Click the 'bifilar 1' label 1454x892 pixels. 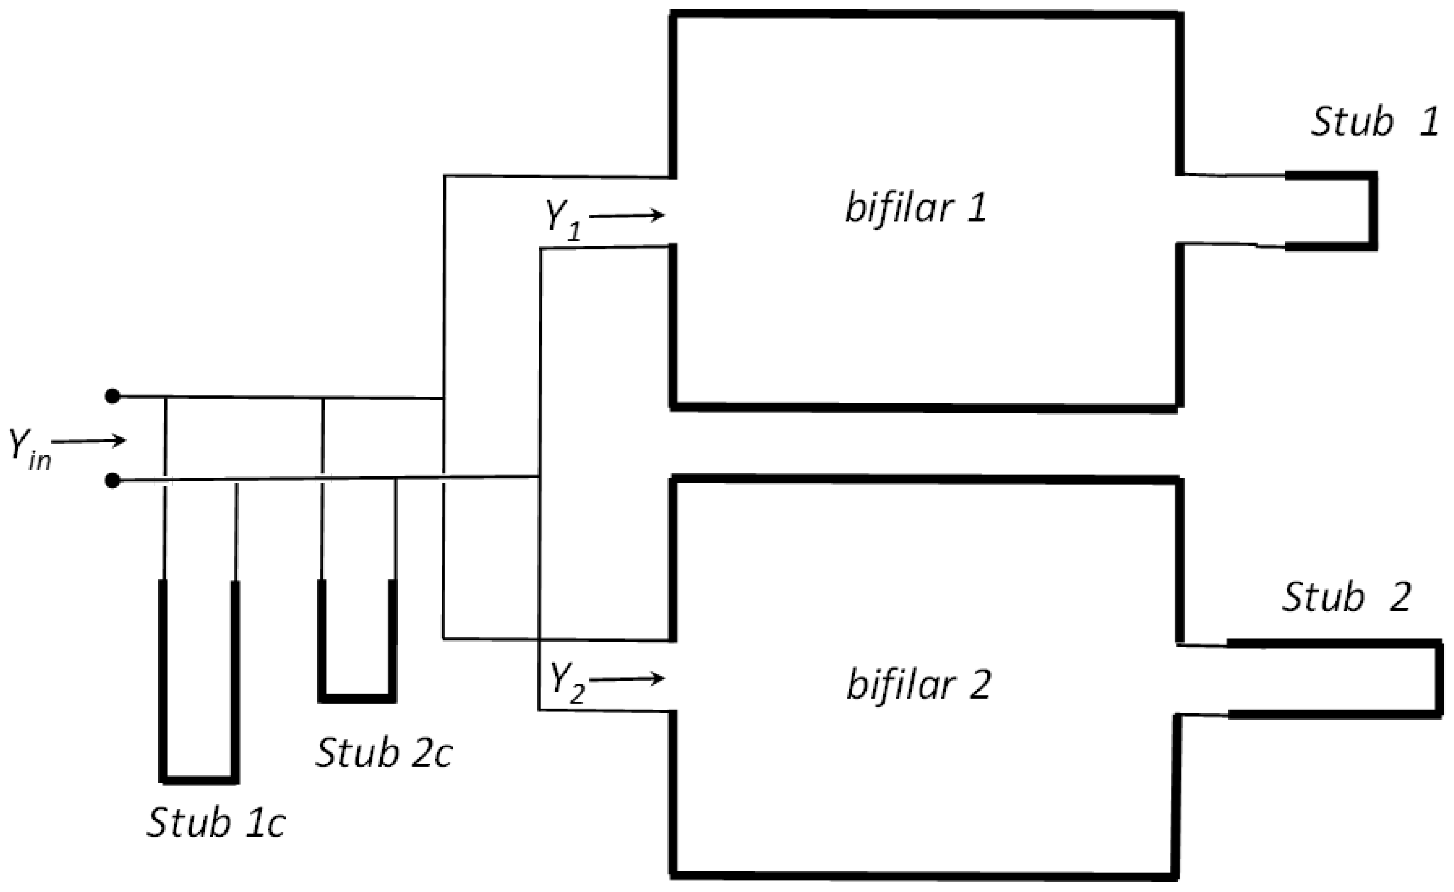916,209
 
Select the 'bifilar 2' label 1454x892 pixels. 919,685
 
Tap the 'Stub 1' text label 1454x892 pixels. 1374,123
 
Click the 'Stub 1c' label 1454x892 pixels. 216,822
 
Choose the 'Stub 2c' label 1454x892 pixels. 384,753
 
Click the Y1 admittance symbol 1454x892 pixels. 562,221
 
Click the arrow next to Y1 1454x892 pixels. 627,216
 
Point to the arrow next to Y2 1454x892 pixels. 627,679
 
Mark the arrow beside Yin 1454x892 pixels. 89,440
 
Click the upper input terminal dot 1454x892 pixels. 112,396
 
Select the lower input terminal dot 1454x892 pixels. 112,482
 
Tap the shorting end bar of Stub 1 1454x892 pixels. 1373,211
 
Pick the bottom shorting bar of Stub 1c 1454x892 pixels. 199,780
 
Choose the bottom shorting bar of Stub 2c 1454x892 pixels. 356,698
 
